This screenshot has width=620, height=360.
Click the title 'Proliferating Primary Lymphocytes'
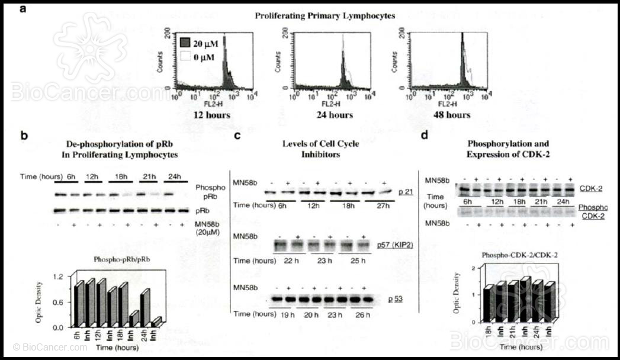pos(325,16)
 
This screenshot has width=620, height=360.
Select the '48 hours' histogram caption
pos(451,115)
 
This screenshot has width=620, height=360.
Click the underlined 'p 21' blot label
pos(405,192)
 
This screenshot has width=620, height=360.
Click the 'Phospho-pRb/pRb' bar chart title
pos(116,259)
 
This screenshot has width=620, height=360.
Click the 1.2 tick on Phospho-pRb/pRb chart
pos(57,277)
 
